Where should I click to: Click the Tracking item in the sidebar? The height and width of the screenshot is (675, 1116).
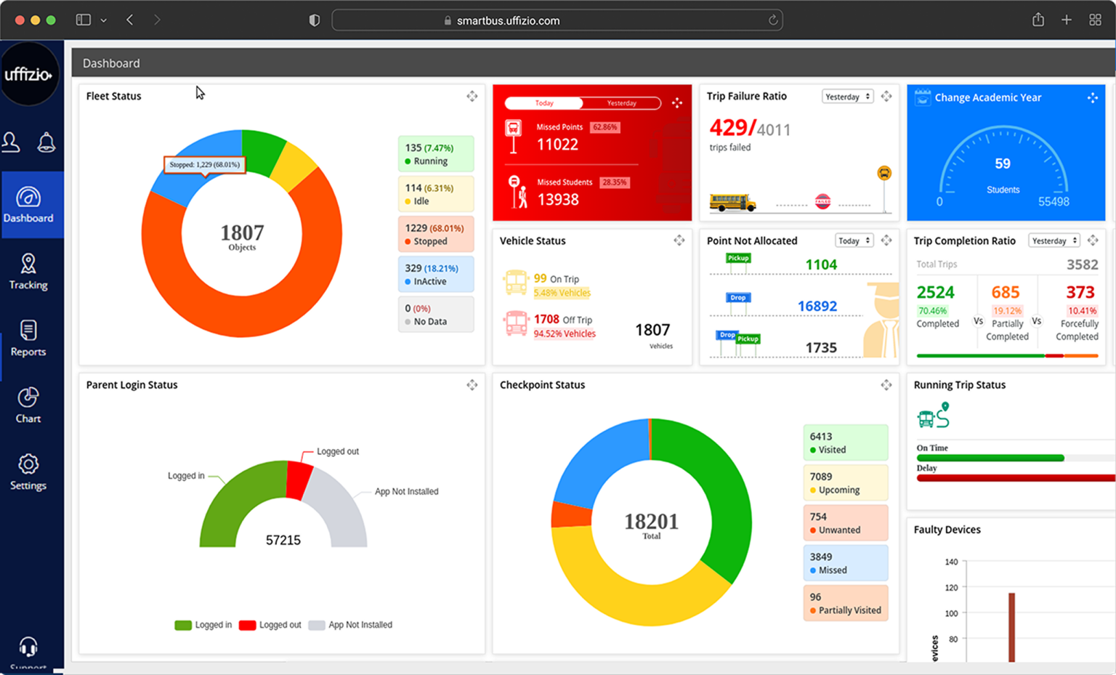tap(28, 272)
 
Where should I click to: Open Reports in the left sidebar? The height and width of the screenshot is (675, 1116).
tap(28, 339)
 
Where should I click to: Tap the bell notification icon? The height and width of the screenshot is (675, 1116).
tap(46, 142)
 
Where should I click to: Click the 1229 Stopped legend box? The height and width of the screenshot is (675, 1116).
tap(436, 234)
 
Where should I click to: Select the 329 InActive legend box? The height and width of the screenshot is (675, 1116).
tap(436, 274)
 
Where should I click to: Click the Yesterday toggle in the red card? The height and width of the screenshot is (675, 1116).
tap(621, 103)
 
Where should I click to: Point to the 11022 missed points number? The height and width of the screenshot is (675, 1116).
tap(557, 145)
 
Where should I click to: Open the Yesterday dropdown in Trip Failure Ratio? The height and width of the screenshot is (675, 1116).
tap(847, 97)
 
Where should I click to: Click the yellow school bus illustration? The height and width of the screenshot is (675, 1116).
tap(732, 203)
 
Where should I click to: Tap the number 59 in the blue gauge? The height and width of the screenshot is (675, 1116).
tap(1003, 164)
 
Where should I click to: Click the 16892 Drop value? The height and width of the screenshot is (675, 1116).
tap(817, 306)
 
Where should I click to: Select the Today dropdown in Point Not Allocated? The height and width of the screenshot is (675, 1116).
tap(854, 241)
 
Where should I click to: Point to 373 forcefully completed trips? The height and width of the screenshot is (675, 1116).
tap(1080, 292)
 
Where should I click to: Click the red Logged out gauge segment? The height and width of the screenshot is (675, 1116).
tap(299, 480)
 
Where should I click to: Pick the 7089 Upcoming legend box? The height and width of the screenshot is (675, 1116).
tap(846, 483)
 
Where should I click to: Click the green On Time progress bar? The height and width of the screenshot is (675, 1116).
tap(990, 458)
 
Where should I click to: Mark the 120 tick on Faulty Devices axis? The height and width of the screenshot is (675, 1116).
tap(951, 587)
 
